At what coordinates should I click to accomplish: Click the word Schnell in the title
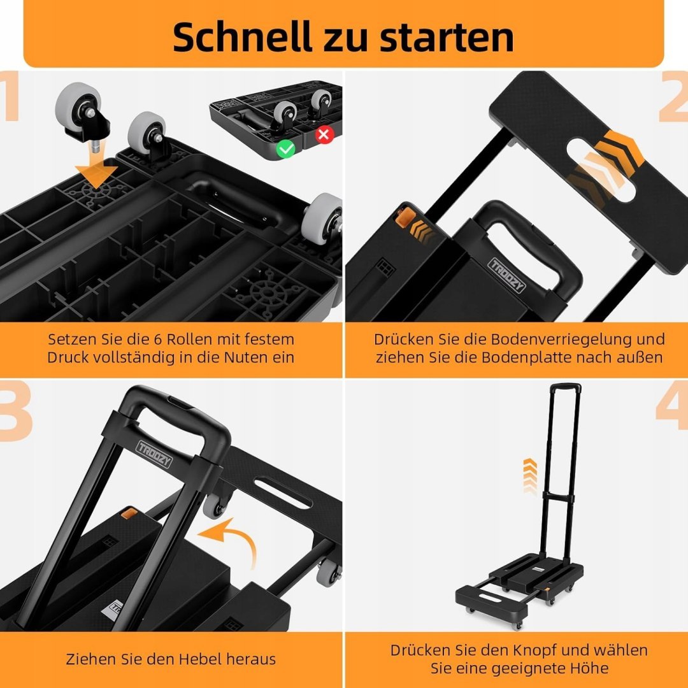click(x=242, y=37)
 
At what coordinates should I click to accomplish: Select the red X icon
click(x=324, y=134)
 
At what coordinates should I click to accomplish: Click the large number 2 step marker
click(x=673, y=97)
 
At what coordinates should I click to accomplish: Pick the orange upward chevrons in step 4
click(x=530, y=476)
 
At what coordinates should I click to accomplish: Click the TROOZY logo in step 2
click(x=507, y=275)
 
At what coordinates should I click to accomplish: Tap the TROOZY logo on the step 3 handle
click(x=154, y=454)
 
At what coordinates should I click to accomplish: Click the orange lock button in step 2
click(x=405, y=218)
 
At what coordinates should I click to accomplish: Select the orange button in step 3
click(x=129, y=513)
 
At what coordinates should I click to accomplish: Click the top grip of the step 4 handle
click(x=566, y=387)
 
